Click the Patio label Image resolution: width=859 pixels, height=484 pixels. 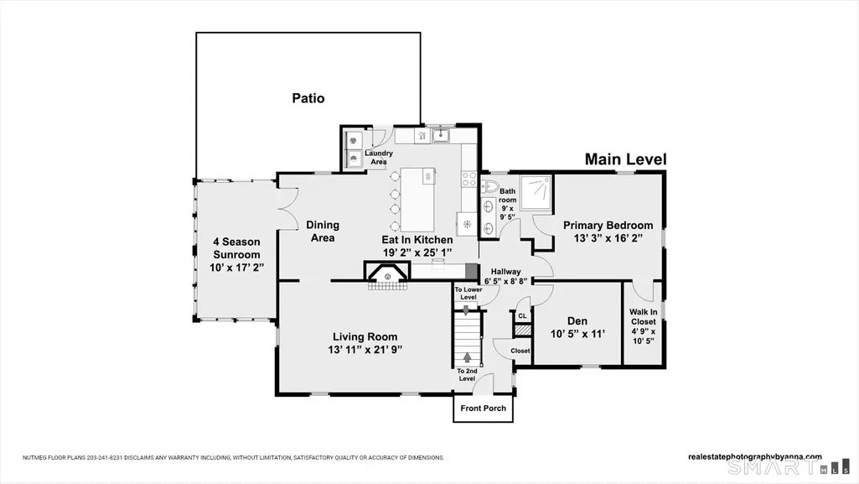308,98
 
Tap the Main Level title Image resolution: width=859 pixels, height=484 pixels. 626,159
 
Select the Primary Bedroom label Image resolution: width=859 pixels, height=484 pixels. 608,225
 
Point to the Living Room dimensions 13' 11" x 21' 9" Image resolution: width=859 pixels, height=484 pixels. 365,350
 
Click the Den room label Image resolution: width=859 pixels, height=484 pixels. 577,321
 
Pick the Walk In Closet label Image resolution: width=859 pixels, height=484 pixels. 643,317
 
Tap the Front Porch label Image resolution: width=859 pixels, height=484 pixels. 484,408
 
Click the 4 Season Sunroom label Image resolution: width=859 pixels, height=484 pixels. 236,247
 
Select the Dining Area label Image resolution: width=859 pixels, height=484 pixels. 323,232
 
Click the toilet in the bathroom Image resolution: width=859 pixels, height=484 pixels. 489,186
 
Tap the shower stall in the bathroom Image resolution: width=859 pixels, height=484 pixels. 536,192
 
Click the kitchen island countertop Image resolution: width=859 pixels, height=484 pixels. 417,200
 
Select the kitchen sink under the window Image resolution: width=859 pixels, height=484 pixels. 440,134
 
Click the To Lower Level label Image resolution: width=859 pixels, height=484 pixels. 468,294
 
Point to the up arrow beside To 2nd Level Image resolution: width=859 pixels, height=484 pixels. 467,357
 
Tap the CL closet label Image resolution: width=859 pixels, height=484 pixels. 522,315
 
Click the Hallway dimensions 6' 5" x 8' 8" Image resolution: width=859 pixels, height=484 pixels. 505,281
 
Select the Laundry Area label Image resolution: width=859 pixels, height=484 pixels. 379,158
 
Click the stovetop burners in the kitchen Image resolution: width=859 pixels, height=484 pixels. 469,179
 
